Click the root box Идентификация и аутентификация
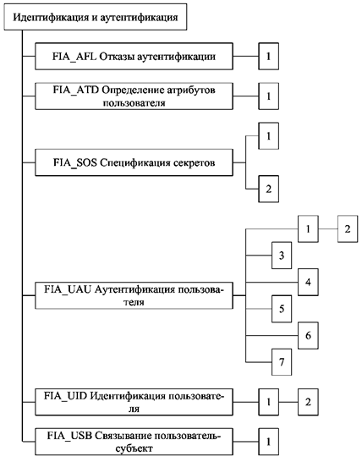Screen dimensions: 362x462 pyautogui.click(x=96, y=17)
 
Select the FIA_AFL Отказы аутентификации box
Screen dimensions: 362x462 pyautogui.click(x=134, y=57)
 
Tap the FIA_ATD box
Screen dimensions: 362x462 pyautogui.click(x=134, y=96)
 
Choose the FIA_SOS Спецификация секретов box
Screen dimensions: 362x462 pyautogui.click(x=134, y=162)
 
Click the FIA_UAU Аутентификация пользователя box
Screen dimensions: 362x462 pyautogui.click(x=134, y=295)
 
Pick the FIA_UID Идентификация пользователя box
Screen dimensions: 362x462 pyautogui.click(x=134, y=402)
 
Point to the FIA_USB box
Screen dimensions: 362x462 pyautogui.click(x=134, y=442)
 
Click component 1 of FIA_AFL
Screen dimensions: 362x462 pyautogui.click(x=269, y=57)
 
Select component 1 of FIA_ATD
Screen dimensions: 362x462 pyautogui.click(x=269, y=96)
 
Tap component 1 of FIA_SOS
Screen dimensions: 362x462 pyautogui.click(x=269, y=136)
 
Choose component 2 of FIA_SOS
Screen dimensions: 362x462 pyautogui.click(x=269, y=189)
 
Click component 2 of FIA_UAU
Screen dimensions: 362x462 pyautogui.click(x=348, y=229)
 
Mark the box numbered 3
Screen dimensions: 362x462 pyautogui.click(x=282, y=256)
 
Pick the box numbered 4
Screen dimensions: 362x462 pyautogui.click(x=308, y=282)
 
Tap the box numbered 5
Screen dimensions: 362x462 pyautogui.click(x=282, y=309)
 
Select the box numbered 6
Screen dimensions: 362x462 pyautogui.click(x=308, y=335)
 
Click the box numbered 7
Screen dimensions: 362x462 pyautogui.click(x=282, y=362)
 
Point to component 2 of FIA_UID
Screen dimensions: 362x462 pyautogui.click(x=308, y=402)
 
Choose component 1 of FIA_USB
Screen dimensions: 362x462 pyautogui.click(x=269, y=442)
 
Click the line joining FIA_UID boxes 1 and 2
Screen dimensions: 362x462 pyautogui.click(x=288, y=402)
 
